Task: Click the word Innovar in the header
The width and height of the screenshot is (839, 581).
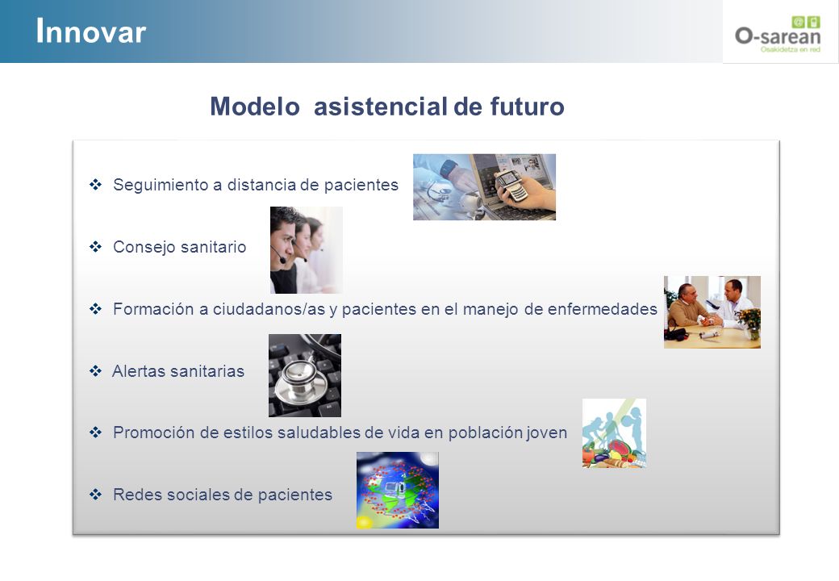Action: click(x=90, y=31)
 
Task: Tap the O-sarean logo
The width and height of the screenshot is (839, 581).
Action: click(x=778, y=35)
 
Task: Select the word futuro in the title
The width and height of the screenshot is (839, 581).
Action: click(x=527, y=106)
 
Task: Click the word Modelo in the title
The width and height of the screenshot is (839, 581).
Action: click(x=255, y=106)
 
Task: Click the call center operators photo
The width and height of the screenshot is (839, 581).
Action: click(x=306, y=250)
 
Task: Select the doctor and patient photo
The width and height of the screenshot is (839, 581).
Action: click(x=712, y=312)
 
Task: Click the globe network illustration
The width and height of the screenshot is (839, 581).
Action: click(x=398, y=490)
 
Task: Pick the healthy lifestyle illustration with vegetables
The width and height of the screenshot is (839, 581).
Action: click(x=614, y=433)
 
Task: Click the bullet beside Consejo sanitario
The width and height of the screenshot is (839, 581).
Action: click(x=95, y=247)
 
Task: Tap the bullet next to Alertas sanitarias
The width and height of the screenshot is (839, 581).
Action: click(x=95, y=370)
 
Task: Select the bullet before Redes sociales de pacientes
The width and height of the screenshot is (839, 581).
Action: click(x=95, y=495)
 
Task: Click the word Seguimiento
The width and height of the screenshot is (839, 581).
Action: click(x=161, y=185)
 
